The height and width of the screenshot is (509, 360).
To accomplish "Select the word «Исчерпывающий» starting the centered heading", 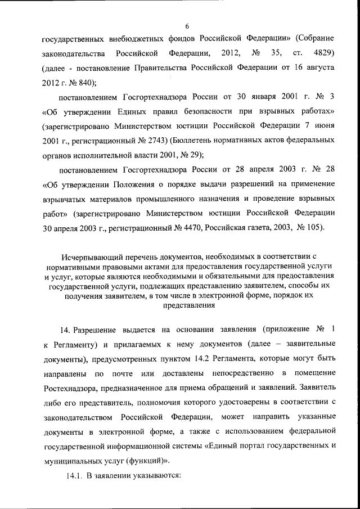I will pos(89,260).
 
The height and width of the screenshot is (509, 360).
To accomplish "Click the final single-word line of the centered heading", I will pos(189,307).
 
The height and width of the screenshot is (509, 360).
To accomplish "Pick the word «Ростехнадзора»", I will pos(73,388).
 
